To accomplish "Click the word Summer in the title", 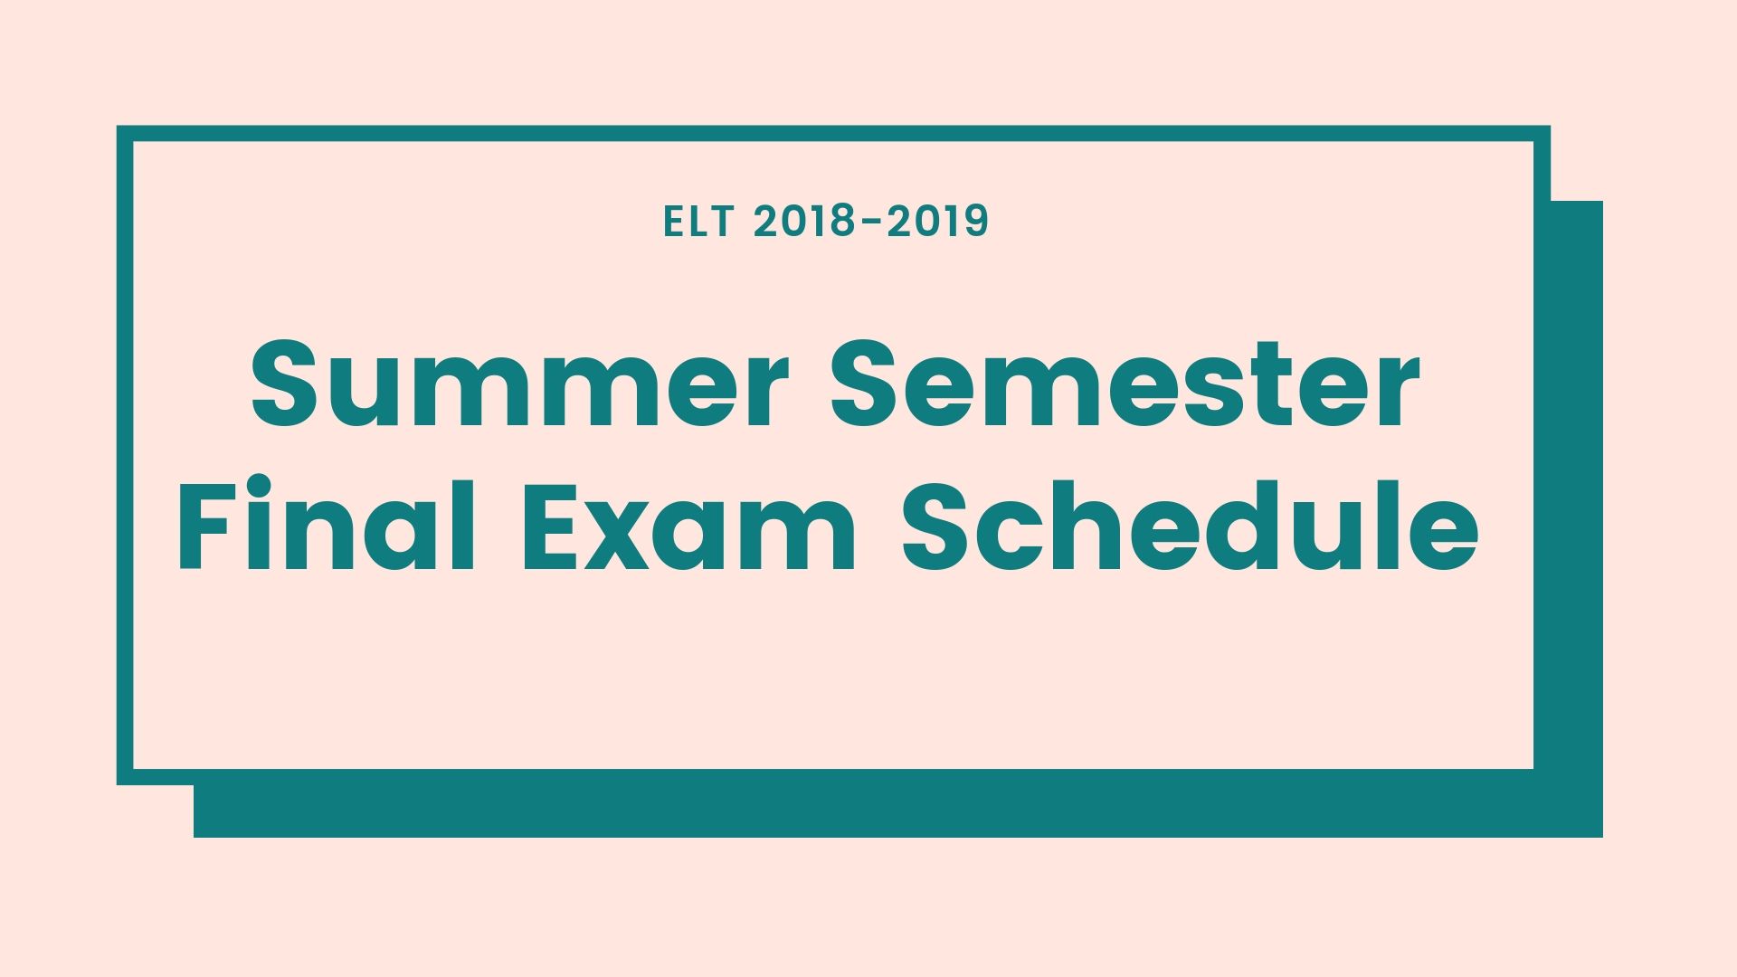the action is coord(514,384).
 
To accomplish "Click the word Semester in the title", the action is coord(1125,384).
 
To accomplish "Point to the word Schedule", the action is coord(1191,524).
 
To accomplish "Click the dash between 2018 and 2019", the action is coord(870,223).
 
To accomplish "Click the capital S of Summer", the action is coord(288,384).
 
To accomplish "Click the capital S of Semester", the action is coord(868,384).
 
